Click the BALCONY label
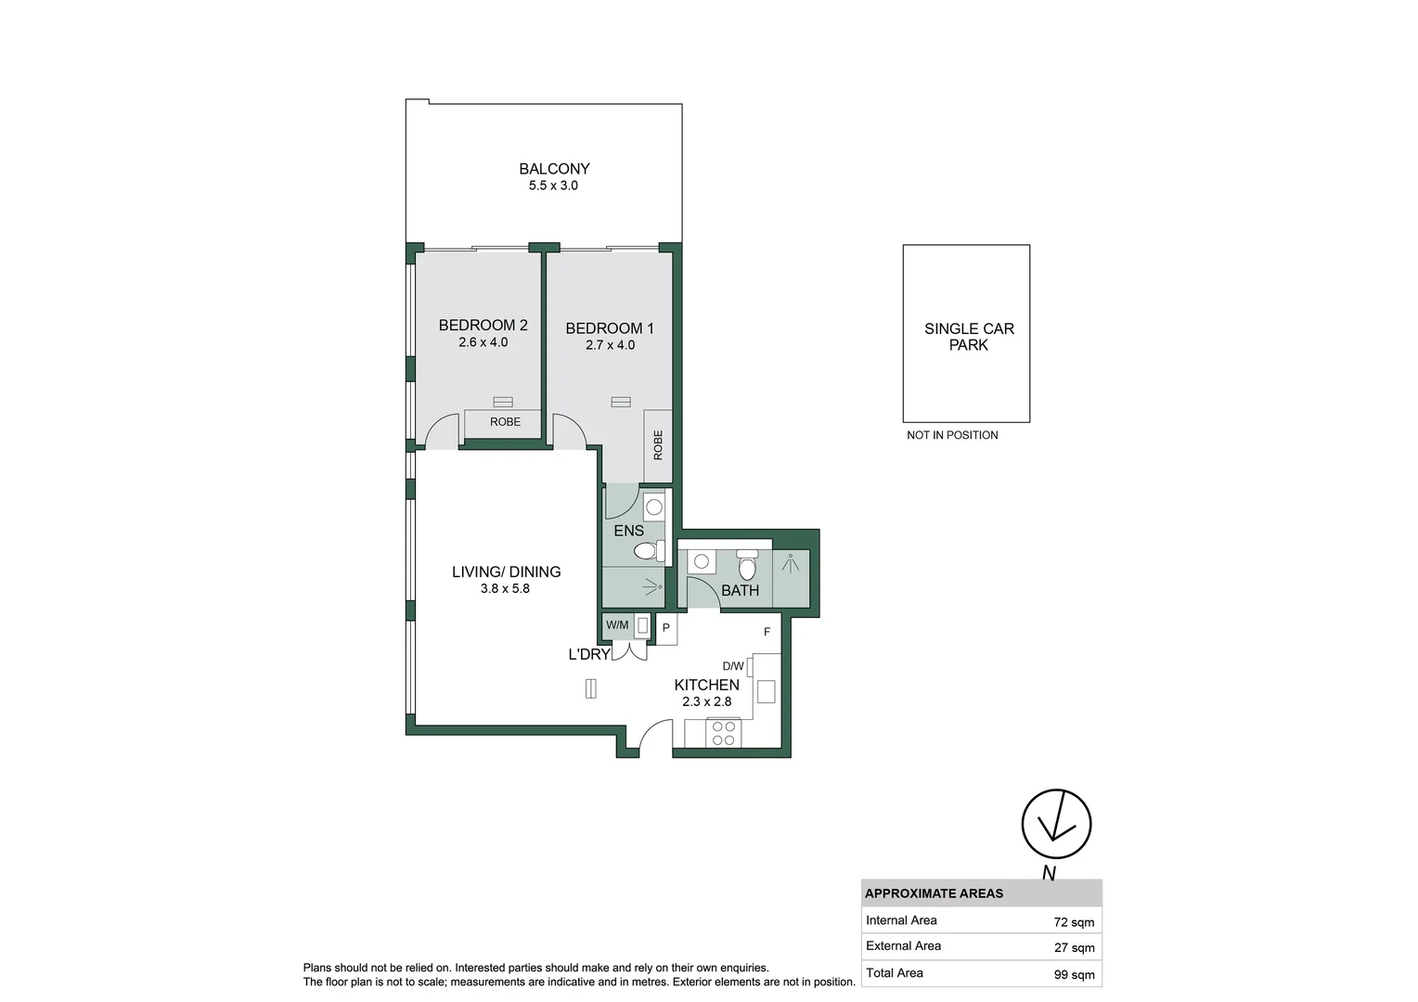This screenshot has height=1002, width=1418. [x=554, y=168]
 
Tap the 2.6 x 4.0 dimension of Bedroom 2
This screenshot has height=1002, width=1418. [x=483, y=342]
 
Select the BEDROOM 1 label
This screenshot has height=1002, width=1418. [x=609, y=328]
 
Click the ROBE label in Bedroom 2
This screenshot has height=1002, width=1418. [x=505, y=421]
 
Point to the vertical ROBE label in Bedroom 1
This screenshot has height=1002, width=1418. [x=658, y=445]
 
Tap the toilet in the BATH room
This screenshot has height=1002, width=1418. [x=748, y=565]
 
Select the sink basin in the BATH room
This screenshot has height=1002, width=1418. [x=701, y=561]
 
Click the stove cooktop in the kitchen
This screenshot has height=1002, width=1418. [x=723, y=733]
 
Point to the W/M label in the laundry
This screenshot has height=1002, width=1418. [x=617, y=625]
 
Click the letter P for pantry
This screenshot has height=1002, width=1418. [x=666, y=628]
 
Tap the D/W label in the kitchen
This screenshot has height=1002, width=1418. [x=733, y=666]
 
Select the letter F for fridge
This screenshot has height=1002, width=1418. [x=767, y=632]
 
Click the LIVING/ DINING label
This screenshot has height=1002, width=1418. [x=506, y=572]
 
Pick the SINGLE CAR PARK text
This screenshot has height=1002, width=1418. [x=969, y=337]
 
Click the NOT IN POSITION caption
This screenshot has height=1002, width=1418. [x=952, y=435]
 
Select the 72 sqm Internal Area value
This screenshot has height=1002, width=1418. [x=1074, y=922]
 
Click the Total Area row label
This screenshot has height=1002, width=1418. [x=894, y=973]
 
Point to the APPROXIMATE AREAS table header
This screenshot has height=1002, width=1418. [x=934, y=893]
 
